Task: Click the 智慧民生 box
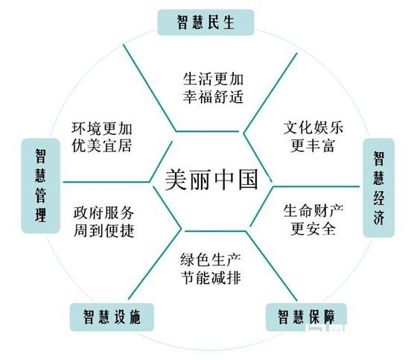[x=206, y=22]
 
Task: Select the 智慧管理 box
[x=41, y=186]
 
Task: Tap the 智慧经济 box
[x=378, y=188]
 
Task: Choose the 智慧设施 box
[x=112, y=317]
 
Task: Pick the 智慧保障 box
[x=306, y=317]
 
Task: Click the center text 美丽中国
[x=211, y=180]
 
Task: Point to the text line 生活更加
[x=213, y=79]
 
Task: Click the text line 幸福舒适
[x=213, y=97]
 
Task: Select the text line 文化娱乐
[x=313, y=127]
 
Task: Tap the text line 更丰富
[x=313, y=145]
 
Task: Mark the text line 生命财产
[x=313, y=211]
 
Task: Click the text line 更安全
[x=313, y=229]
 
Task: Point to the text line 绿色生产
[x=211, y=259]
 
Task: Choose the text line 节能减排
[x=211, y=277]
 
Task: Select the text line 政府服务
[x=103, y=212]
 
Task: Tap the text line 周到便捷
[x=103, y=231]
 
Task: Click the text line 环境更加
[x=102, y=128]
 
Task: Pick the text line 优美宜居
[x=102, y=146]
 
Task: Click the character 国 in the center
[x=248, y=180]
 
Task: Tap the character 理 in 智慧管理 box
[x=41, y=215]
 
